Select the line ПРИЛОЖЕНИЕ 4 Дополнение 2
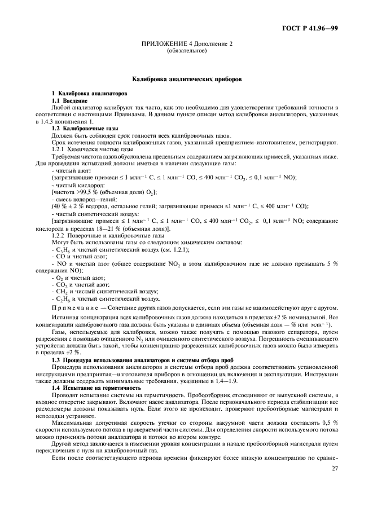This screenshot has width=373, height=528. (x=186, y=44)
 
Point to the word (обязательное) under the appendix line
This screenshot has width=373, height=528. (x=186, y=51)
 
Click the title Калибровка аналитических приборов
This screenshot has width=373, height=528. (x=187, y=80)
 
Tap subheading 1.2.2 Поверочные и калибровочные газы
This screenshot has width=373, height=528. (x=108, y=236)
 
